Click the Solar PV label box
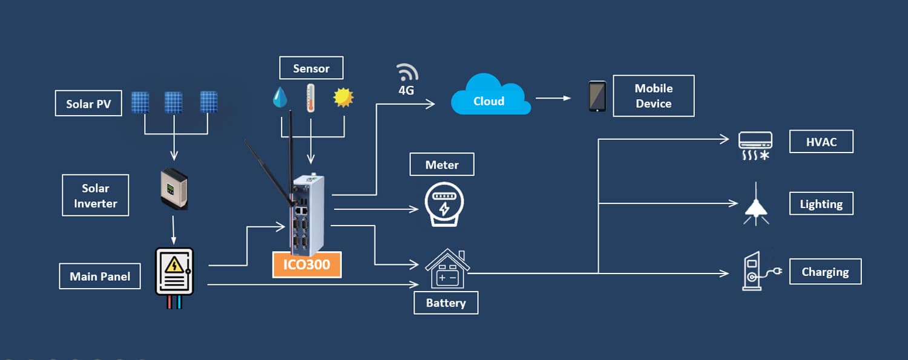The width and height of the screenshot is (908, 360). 88,103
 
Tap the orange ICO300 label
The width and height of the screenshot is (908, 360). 307,264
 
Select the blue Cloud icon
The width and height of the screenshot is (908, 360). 490,95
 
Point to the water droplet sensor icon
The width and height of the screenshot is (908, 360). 280,97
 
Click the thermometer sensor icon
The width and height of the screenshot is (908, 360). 311,97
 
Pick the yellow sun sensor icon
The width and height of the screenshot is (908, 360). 343,97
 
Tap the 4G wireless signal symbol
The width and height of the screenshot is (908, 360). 407,72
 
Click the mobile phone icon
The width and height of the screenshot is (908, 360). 597,96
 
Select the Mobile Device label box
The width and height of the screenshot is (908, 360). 653,96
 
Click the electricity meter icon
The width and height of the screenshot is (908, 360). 444,204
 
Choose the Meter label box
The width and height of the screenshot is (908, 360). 442,165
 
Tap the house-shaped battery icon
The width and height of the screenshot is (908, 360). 447,269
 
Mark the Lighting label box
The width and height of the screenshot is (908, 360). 821,203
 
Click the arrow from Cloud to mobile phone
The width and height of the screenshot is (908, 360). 553,98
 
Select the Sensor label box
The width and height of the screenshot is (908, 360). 311,68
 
